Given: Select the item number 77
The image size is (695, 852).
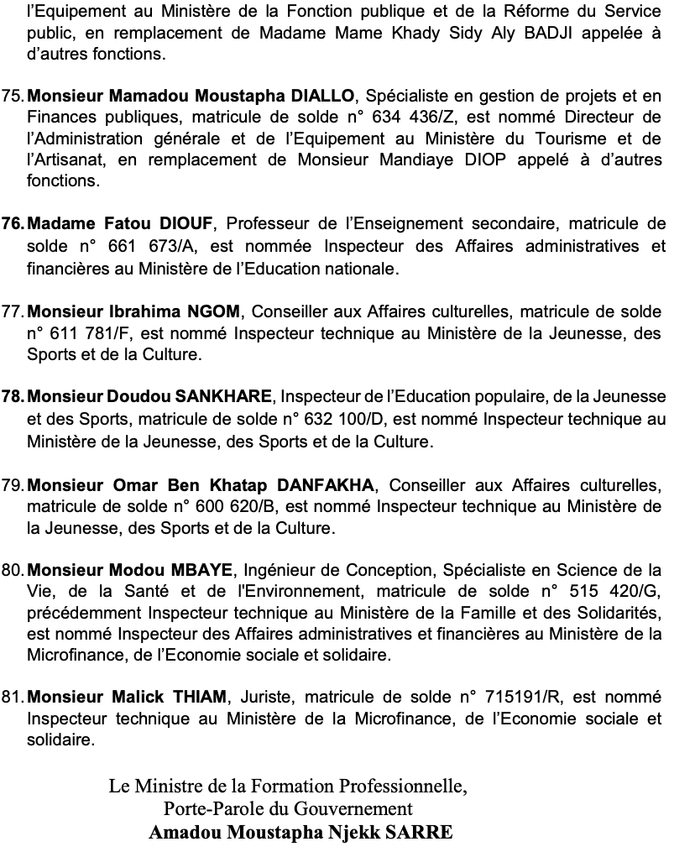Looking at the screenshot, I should click(14, 312).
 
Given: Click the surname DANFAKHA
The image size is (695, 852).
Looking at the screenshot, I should click(328, 485).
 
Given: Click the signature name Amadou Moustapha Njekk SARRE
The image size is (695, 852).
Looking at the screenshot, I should click(300, 833).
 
